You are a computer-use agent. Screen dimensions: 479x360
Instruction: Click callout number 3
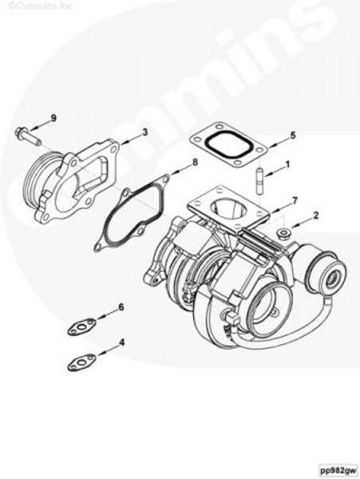(144, 132)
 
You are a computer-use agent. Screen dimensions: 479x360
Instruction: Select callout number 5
(292, 136)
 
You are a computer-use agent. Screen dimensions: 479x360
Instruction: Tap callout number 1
(288, 165)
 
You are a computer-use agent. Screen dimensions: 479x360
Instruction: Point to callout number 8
(195, 163)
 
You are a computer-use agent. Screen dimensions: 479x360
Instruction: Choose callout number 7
(295, 199)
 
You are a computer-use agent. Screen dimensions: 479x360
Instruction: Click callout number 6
(121, 307)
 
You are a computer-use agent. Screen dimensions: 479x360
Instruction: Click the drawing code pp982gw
(338, 469)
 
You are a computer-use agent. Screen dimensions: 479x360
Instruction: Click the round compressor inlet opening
(267, 312)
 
